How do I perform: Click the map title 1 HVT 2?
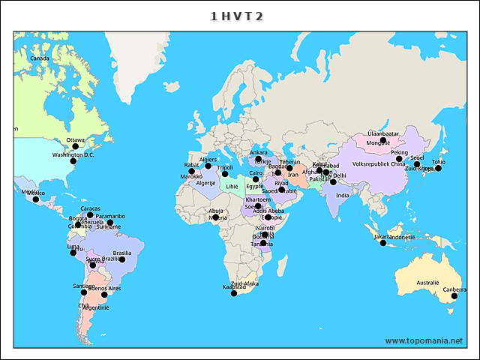[236, 16]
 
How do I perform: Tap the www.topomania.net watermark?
[424, 340]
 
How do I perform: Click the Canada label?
[39, 58]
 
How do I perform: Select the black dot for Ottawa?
[75, 147]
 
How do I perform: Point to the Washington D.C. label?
[73, 155]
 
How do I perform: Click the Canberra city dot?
[454, 297]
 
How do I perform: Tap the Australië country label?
[427, 283]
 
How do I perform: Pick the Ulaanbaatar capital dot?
[382, 140]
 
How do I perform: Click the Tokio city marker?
[439, 168]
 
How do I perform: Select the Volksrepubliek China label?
[378, 163]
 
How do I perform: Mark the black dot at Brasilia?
[122, 259]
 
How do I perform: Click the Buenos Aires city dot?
[104, 295]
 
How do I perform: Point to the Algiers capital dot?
[208, 166]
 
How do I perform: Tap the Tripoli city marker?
[225, 174]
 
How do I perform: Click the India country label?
[342, 196]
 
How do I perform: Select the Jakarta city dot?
[383, 243]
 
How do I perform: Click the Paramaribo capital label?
[110, 216]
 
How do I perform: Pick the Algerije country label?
[205, 183]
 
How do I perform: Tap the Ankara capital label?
[258, 153]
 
